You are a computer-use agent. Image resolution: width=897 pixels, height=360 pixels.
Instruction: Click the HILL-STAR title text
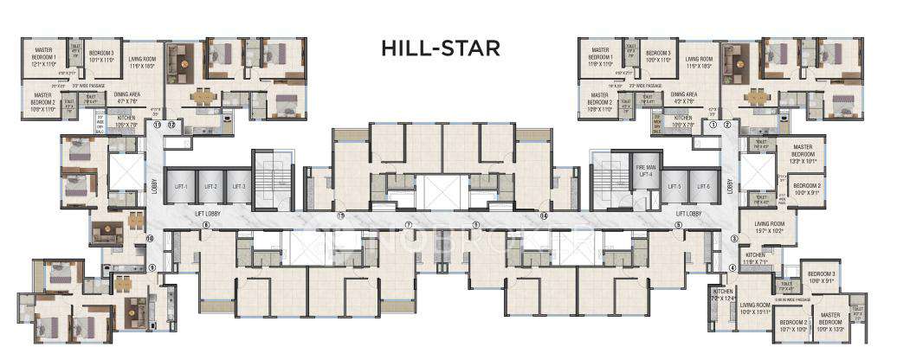[x=440, y=48]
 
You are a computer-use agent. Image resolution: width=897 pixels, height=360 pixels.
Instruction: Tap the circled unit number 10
[x=149, y=239]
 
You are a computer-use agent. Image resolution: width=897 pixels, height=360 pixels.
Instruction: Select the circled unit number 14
[x=544, y=215]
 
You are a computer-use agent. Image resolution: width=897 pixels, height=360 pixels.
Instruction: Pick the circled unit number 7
[x=407, y=227]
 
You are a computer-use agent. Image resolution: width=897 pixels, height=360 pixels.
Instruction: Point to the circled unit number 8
[x=206, y=227]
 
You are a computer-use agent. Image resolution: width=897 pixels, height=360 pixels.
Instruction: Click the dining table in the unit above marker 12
[x=204, y=95]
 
